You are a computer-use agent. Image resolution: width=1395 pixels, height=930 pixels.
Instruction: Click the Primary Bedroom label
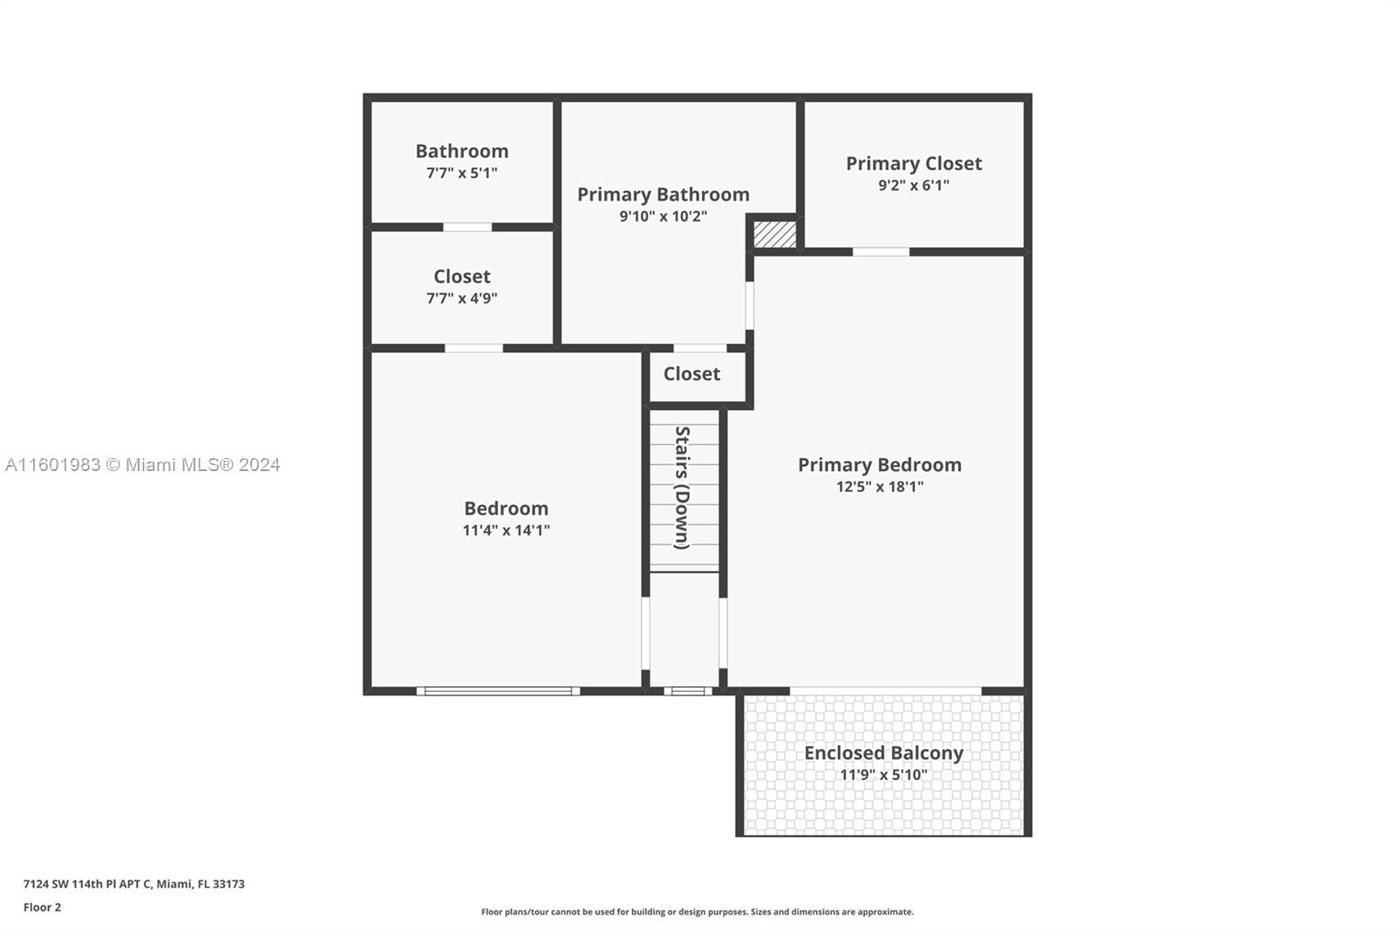(880, 465)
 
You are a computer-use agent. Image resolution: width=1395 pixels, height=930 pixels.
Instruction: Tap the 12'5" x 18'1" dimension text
(880, 487)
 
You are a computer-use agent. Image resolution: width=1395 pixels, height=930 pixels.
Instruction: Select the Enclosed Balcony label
(884, 753)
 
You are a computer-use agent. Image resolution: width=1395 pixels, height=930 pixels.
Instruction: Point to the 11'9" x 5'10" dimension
(884, 775)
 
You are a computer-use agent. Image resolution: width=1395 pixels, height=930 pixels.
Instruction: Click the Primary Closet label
(914, 163)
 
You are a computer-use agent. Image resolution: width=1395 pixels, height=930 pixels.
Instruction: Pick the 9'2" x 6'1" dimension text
(914, 185)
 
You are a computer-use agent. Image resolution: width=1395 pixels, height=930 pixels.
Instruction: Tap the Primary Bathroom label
(663, 195)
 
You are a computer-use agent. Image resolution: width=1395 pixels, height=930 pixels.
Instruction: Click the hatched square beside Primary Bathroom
(775, 235)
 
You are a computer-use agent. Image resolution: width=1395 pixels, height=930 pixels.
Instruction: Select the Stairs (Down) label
(683, 488)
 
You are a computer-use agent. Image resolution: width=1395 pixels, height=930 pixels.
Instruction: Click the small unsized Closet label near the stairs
(691, 374)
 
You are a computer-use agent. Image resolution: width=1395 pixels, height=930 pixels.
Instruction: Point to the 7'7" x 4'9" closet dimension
(461, 298)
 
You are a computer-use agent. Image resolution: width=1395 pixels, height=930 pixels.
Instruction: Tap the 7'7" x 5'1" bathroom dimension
(461, 173)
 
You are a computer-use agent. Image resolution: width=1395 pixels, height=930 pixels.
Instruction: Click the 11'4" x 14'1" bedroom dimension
(506, 530)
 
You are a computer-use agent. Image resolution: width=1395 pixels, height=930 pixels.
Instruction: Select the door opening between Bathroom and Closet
(467, 227)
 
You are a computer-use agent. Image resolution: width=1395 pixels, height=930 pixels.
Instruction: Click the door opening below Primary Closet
(881, 252)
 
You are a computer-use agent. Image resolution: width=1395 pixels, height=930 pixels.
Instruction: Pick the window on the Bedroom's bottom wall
(498, 691)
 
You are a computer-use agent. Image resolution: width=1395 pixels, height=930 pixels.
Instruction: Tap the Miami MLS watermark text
(143, 465)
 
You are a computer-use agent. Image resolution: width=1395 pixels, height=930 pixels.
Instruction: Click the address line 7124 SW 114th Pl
(134, 884)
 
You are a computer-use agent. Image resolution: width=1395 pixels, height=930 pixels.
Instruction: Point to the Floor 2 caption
(43, 907)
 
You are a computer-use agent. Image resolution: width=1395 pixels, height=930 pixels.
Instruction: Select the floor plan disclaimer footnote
(697, 912)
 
